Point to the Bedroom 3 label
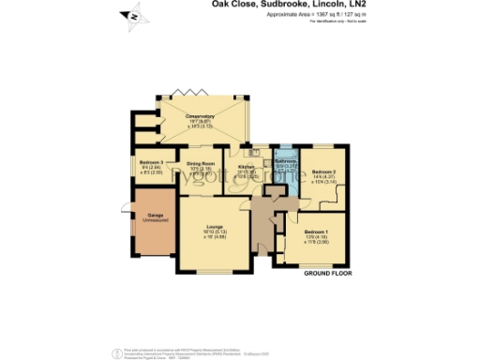(151, 162)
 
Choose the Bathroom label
(285, 160)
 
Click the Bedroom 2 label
(324, 172)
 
